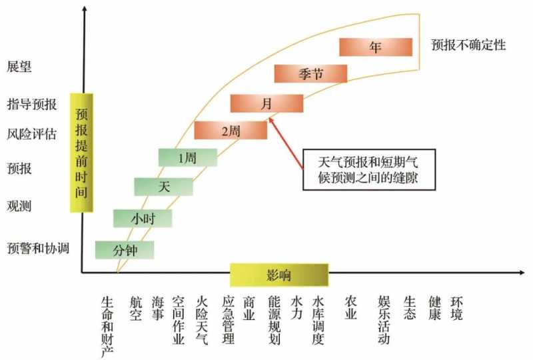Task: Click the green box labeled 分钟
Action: (x=125, y=250)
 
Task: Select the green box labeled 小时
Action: (x=143, y=218)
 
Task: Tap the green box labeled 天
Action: (x=163, y=187)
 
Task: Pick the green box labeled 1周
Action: (x=188, y=157)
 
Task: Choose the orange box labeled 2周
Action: (x=231, y=130)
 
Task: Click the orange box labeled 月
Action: (x=266, y=103)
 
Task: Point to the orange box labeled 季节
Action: (x=310, y=73)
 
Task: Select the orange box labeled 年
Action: (x=376, y=47)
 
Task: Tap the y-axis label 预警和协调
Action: (x=39, y=249)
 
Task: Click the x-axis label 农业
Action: (x=350, y=309)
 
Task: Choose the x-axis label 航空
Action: (x=136, y=309)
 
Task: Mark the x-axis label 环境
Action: (x=456, y=309)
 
